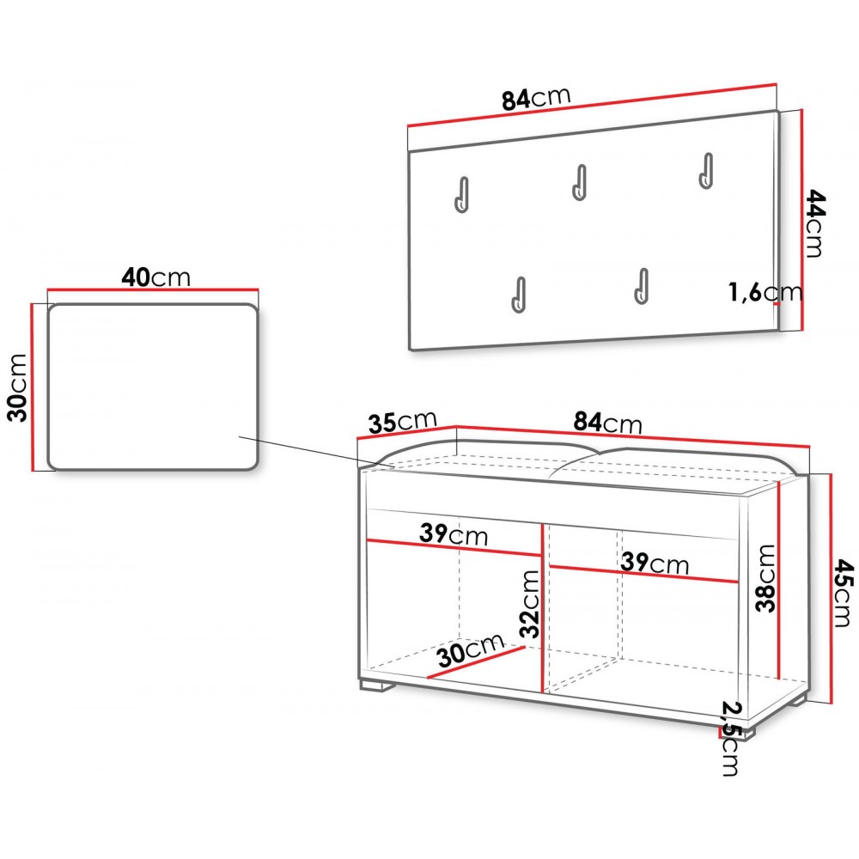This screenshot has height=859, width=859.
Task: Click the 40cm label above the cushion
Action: [x=156, y=277]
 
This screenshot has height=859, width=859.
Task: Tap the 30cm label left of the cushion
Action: [x=17, y=387]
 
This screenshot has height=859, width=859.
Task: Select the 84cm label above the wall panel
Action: [x=536, y=99]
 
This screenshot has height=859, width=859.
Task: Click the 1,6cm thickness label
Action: [x=765, y=291]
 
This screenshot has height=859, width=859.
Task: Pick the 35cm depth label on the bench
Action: [x=403, y=422]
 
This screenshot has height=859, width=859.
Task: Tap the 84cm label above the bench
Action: [x=607, y=423]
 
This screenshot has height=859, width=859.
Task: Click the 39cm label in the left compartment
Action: [x=454, y=533]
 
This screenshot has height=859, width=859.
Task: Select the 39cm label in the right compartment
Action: [x=655, y=564]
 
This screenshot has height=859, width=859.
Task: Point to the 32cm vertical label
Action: [x=530, y=604]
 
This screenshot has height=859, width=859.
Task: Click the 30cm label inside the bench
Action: [x=471, y=649]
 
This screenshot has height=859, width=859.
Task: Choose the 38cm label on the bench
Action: [x=765, y=578]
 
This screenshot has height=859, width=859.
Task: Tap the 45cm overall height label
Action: [x=844, y=593]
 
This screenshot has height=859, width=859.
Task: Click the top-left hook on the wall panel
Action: [x=462, y=194]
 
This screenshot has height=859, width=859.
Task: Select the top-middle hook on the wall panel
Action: [x=579, y=182]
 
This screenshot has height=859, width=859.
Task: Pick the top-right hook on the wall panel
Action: [x=705, y=170]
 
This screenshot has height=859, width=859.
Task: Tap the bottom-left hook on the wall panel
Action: [x=518, y=295]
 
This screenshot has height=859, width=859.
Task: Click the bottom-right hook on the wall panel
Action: [x=641, y=286]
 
